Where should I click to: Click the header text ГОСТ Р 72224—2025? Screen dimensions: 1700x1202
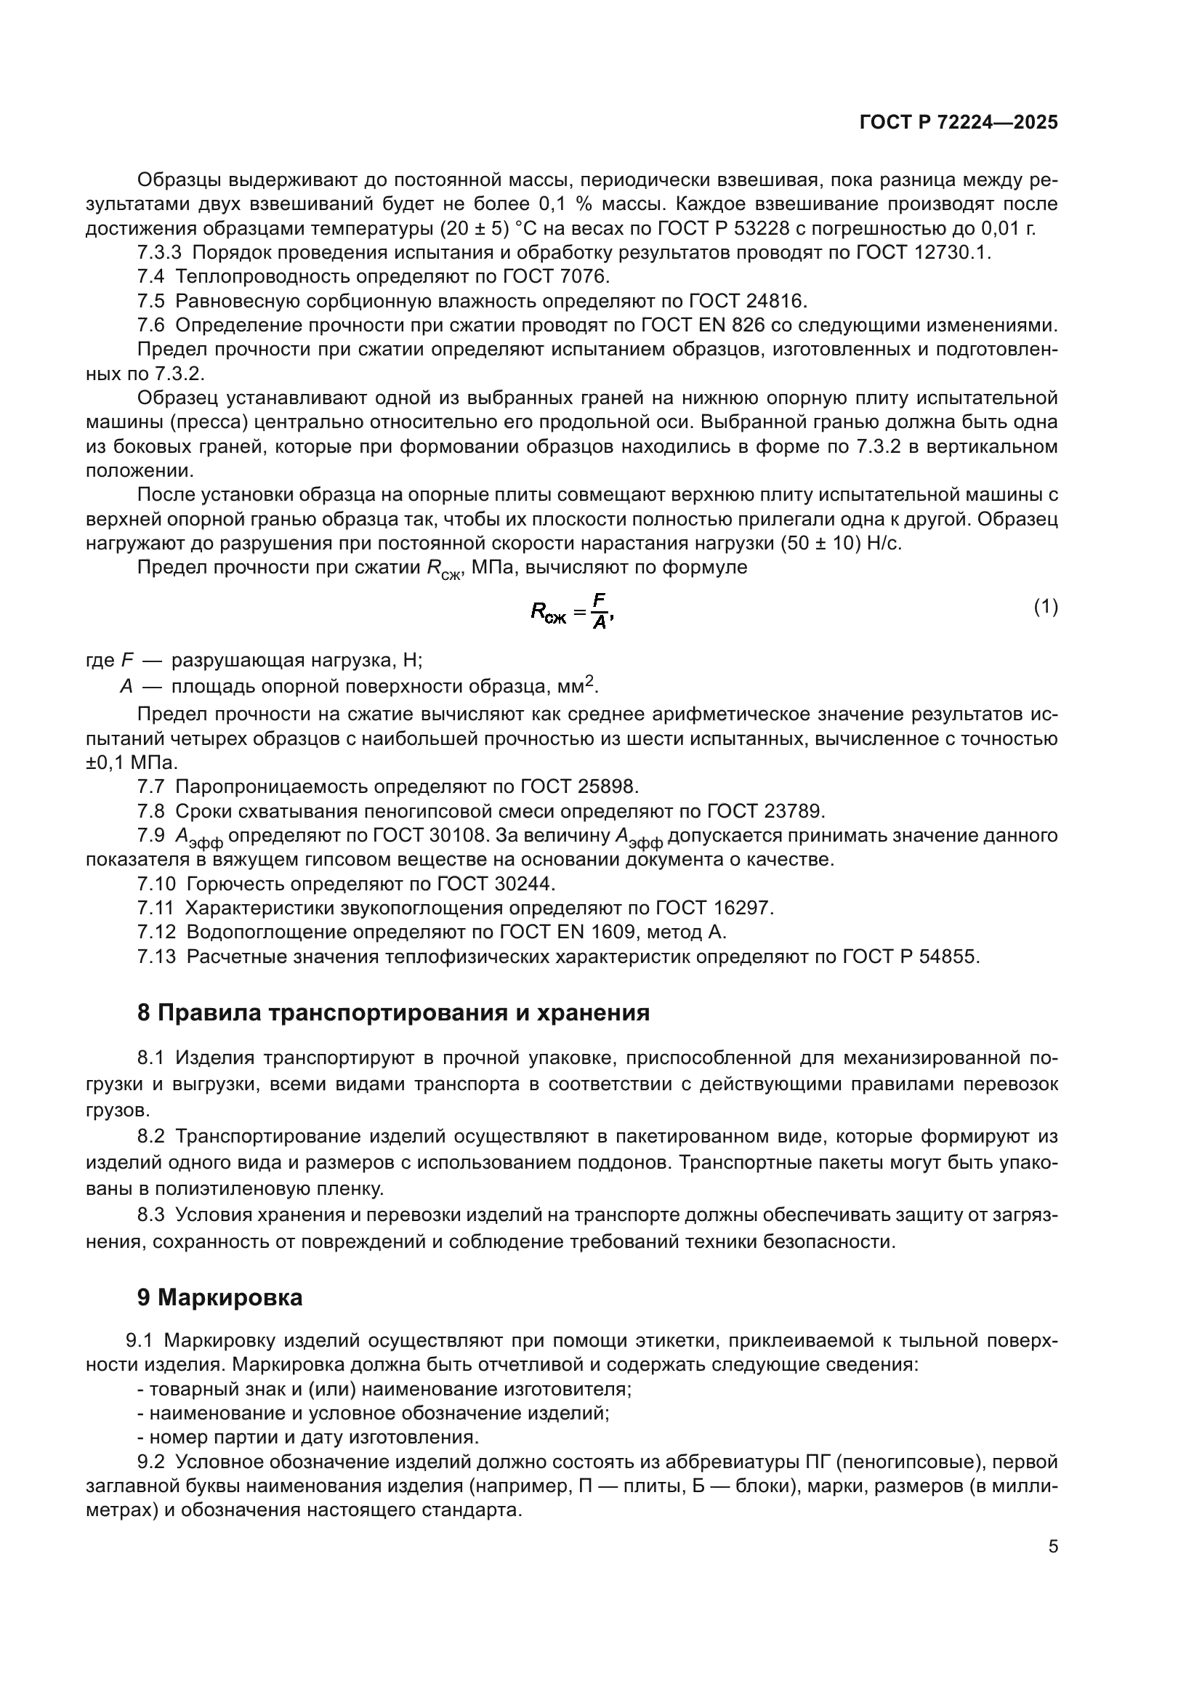pos(959,123)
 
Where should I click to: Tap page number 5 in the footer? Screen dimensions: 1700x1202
pos(1052,1546)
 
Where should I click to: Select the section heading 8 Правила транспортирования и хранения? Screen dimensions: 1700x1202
pos(393,1013)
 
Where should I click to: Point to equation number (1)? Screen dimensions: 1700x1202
pos(1045,607)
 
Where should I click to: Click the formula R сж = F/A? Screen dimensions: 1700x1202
pos(572,611)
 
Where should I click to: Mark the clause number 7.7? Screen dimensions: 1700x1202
pos(151,786)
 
